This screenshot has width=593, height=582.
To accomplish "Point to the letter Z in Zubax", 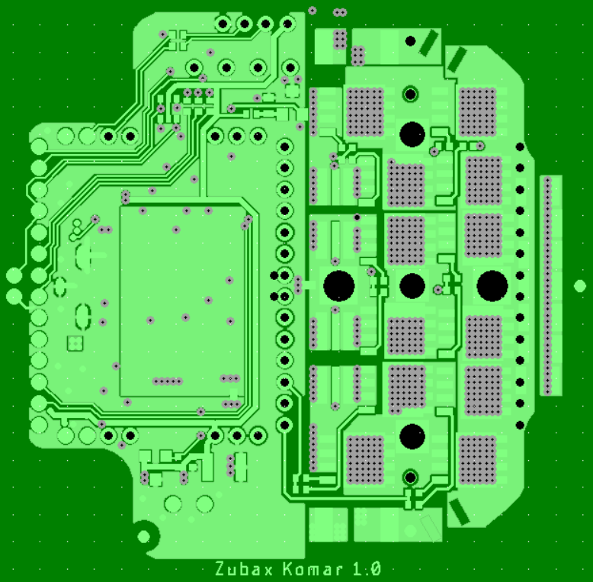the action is pyautogui.click(x=220, y=569).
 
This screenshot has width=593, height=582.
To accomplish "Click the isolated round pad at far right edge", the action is pyautogui.click(x=580, y=286).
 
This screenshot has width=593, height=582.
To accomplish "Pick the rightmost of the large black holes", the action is pyautogui.click(x=492, y=286).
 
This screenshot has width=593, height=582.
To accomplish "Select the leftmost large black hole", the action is pyautogui.click(x=339, y=286).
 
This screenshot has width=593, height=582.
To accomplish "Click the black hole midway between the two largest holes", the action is pyautogui.click(x=412, y=286).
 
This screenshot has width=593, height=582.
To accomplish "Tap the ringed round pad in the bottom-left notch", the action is pyautogui.click(x=144, y=536).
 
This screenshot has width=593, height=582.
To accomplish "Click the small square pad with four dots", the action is pyautogui.click(x=75, y=343).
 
